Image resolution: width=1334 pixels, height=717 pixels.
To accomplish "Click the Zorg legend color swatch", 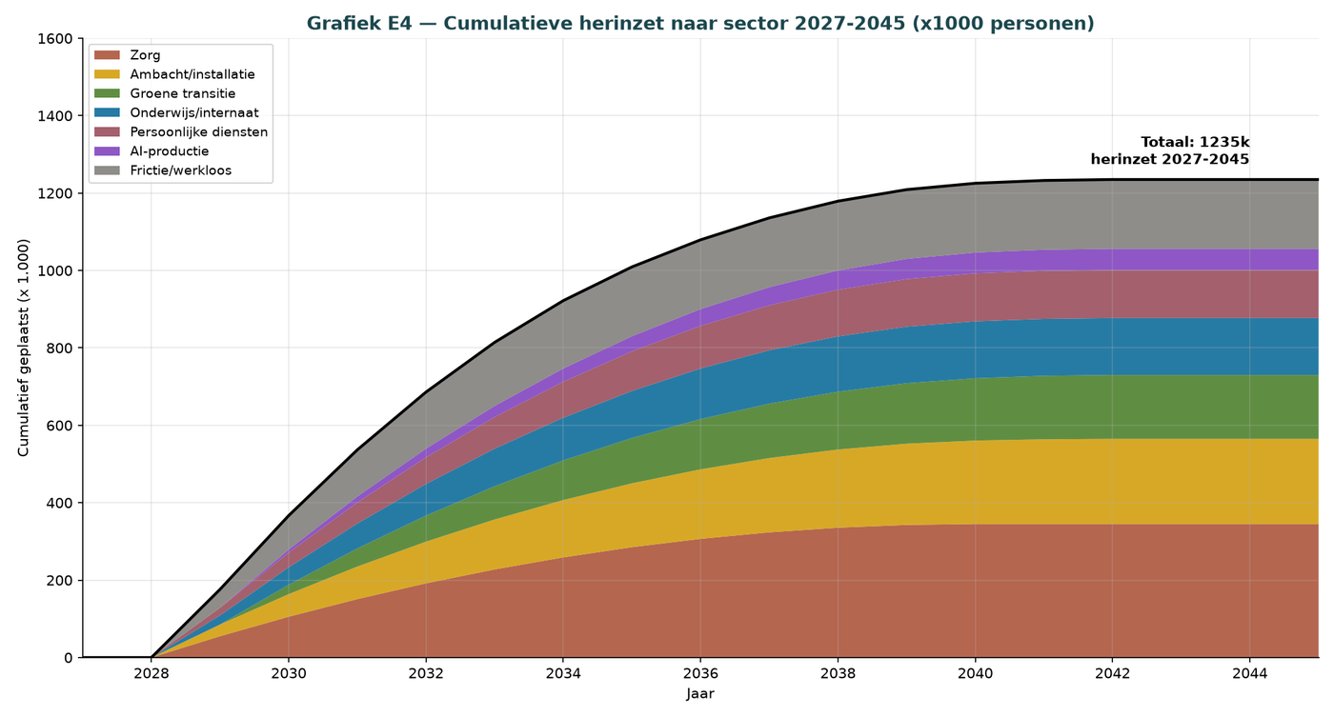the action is coord(107,55).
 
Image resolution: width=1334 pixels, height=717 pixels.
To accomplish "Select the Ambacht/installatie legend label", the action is coord(192,74).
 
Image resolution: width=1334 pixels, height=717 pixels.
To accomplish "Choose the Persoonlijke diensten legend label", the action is coord(199,132).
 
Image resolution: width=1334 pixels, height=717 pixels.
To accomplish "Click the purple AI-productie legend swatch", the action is coord(107,151).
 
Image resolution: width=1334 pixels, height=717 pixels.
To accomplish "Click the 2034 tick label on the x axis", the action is coord(563,673).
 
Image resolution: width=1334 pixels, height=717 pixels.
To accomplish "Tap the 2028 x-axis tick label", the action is coord(152,673).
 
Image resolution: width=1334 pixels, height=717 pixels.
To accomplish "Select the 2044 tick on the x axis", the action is coord(1249,673).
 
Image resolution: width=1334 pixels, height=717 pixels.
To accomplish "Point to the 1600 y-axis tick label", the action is coord(55,39).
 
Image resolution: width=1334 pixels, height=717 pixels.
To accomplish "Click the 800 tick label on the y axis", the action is coord(59,349).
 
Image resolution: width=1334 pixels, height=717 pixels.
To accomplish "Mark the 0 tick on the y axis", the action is coord(69,658).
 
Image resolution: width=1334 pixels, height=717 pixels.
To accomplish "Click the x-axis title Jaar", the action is coord(700,694).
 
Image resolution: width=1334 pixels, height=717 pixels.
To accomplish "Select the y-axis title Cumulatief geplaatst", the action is coord(23,349).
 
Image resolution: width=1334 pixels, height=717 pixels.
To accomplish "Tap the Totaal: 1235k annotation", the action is coord(1195,142).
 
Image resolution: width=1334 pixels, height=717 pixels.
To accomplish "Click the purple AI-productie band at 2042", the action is coord(1113,259).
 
